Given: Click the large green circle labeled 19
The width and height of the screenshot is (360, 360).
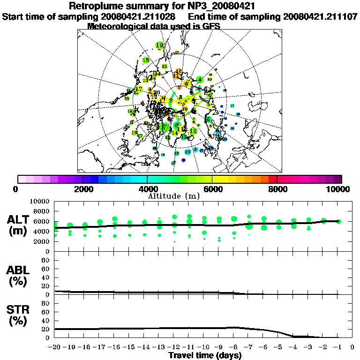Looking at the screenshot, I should coord(160,45).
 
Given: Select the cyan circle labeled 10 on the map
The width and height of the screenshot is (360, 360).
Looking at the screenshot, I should coord(187,151).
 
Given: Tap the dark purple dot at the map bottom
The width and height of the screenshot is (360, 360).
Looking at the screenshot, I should coord(183,160).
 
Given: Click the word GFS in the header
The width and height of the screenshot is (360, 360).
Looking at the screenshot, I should coord(210,26).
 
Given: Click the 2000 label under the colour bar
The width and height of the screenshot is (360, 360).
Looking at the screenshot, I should coord(82,189).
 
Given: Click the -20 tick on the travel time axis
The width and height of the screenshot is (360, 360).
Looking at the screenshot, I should coord(54,347).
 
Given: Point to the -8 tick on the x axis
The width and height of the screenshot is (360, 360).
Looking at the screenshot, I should coord(234,347).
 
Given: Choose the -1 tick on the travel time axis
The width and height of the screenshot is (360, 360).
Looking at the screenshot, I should coord(338,347).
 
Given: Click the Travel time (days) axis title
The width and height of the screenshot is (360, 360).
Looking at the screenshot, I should coord(205,355).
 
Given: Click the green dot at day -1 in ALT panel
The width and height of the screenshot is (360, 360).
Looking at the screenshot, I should coord(339,221).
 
